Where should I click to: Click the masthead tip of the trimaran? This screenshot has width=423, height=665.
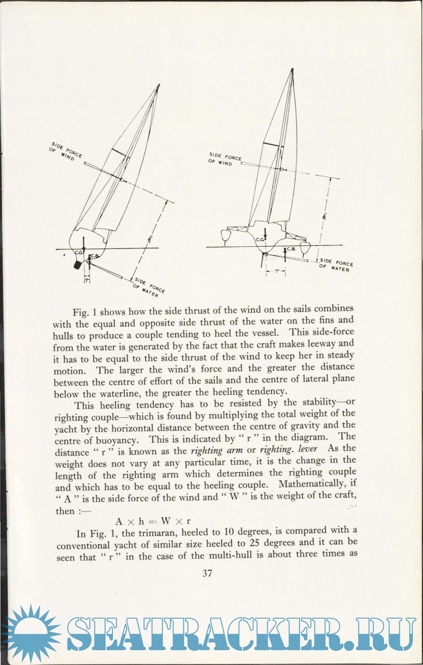point(292,69)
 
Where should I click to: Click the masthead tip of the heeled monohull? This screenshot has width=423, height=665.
point(159,85)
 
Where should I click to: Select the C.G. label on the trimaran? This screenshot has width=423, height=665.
point(260,240)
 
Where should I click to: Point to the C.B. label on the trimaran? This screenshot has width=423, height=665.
point(291,249)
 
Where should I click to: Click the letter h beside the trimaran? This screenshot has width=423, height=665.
point(324,216)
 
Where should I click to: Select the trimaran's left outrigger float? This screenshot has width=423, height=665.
point(225,236)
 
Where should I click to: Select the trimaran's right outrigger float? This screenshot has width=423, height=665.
point(306,247)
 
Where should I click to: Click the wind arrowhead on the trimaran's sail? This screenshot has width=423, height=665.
point(281,169)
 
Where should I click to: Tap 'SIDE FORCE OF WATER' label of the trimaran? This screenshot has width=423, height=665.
point(336,265)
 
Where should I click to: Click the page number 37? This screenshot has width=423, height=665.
point(208,573)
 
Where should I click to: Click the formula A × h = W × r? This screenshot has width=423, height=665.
point(153,521)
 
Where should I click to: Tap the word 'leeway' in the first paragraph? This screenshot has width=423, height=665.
point(319,344)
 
